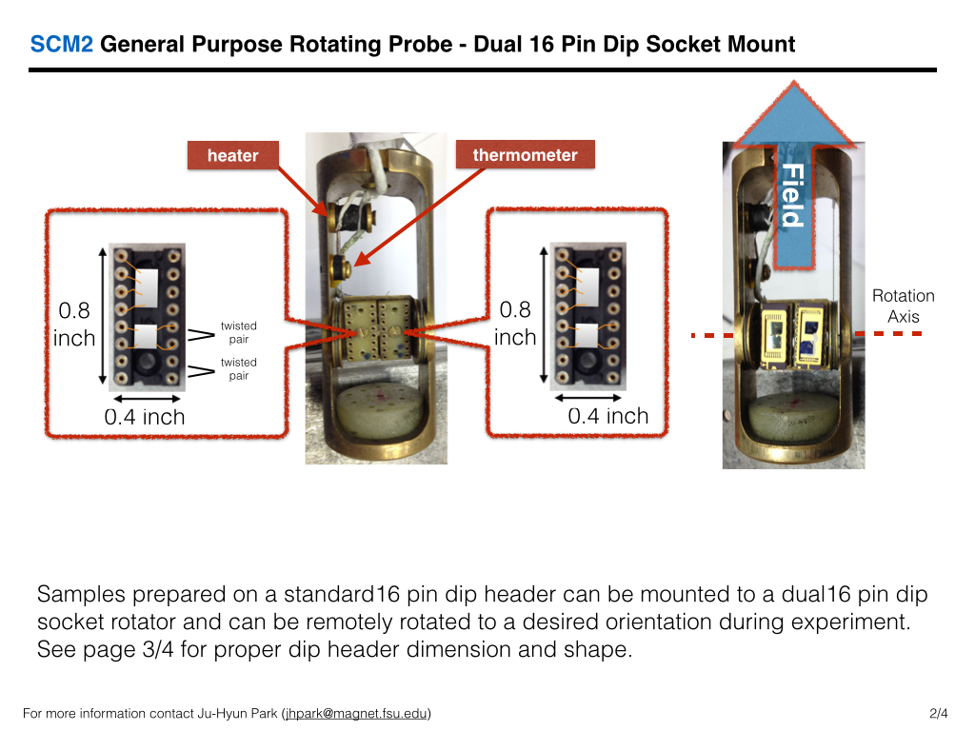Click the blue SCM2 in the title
pos(62,44)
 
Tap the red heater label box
pos(233,155)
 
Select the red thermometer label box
pos(526,154)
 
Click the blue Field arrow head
pos(793,114)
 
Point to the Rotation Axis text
pos(904,306)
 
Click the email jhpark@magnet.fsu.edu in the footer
pos(357,713)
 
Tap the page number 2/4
pos(938,713)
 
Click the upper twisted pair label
pos(239,332)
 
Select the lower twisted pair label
pos(239,368)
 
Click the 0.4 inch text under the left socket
pos(145,417)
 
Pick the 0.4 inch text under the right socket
pos(608,416)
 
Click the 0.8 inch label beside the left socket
pos(74,324)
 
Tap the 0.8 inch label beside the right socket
pos(515,324)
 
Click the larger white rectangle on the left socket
pos(146,287)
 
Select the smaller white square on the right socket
pos(587,335)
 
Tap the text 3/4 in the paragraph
pos(158,649)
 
